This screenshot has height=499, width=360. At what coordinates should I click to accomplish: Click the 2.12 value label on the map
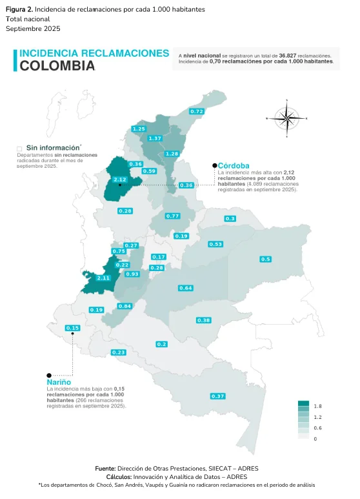click(119, 179)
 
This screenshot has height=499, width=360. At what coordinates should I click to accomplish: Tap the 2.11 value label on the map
click(103, 278)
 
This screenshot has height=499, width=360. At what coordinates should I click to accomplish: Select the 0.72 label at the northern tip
click(197, 112)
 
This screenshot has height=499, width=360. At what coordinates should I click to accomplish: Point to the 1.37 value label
click(155, 138)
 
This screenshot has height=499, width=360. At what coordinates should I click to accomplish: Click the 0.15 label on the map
click(73, 328)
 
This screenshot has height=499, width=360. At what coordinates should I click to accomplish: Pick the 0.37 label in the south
click(217, 396)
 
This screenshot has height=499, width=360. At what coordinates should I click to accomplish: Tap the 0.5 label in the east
click(265, 259)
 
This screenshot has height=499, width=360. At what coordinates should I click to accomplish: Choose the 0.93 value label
click(132, 274)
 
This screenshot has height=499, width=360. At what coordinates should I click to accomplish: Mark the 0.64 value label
click(186, 287)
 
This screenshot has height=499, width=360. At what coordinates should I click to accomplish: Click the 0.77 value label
click(172, 216)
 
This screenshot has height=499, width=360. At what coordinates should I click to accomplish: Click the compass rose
click(286, 118)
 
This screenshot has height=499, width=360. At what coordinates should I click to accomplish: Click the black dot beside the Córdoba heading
click(214, 166)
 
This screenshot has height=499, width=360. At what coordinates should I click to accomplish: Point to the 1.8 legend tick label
click(317, 407)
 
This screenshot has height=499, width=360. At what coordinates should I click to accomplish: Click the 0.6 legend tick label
click(317, 428)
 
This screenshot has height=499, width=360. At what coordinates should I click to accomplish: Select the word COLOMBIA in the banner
click(57, 66)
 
